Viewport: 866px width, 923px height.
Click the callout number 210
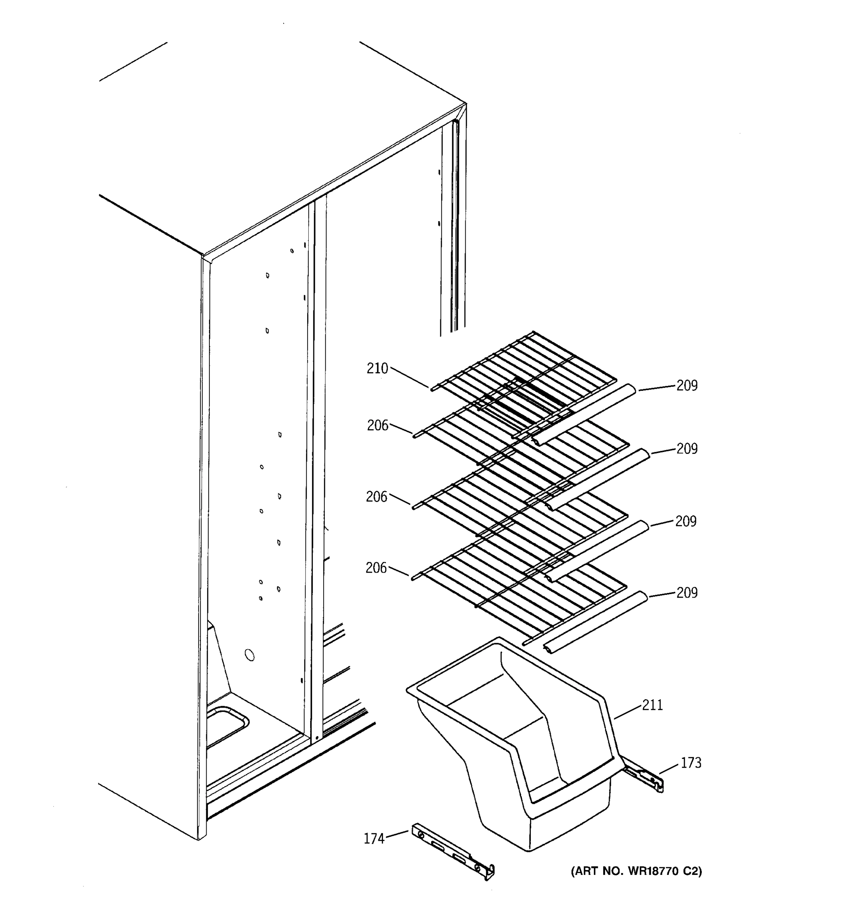[x=377, y=369]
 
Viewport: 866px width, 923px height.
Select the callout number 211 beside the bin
[x=652, y=705]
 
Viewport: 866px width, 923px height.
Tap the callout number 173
[x=691, y=763]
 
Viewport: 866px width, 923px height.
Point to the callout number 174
[x=374, y=838]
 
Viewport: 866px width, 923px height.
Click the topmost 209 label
[x=687, y=385]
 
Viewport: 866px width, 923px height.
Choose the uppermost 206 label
[x=377, y=425]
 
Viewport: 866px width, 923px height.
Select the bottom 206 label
[x=376, y=567]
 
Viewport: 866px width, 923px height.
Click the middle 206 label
[x=376, y=497]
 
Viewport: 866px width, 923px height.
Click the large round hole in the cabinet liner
[x=249, y=655]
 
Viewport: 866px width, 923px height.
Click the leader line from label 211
[x=627, y=712]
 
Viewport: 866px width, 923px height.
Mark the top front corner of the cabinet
[x=202, y=256]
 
